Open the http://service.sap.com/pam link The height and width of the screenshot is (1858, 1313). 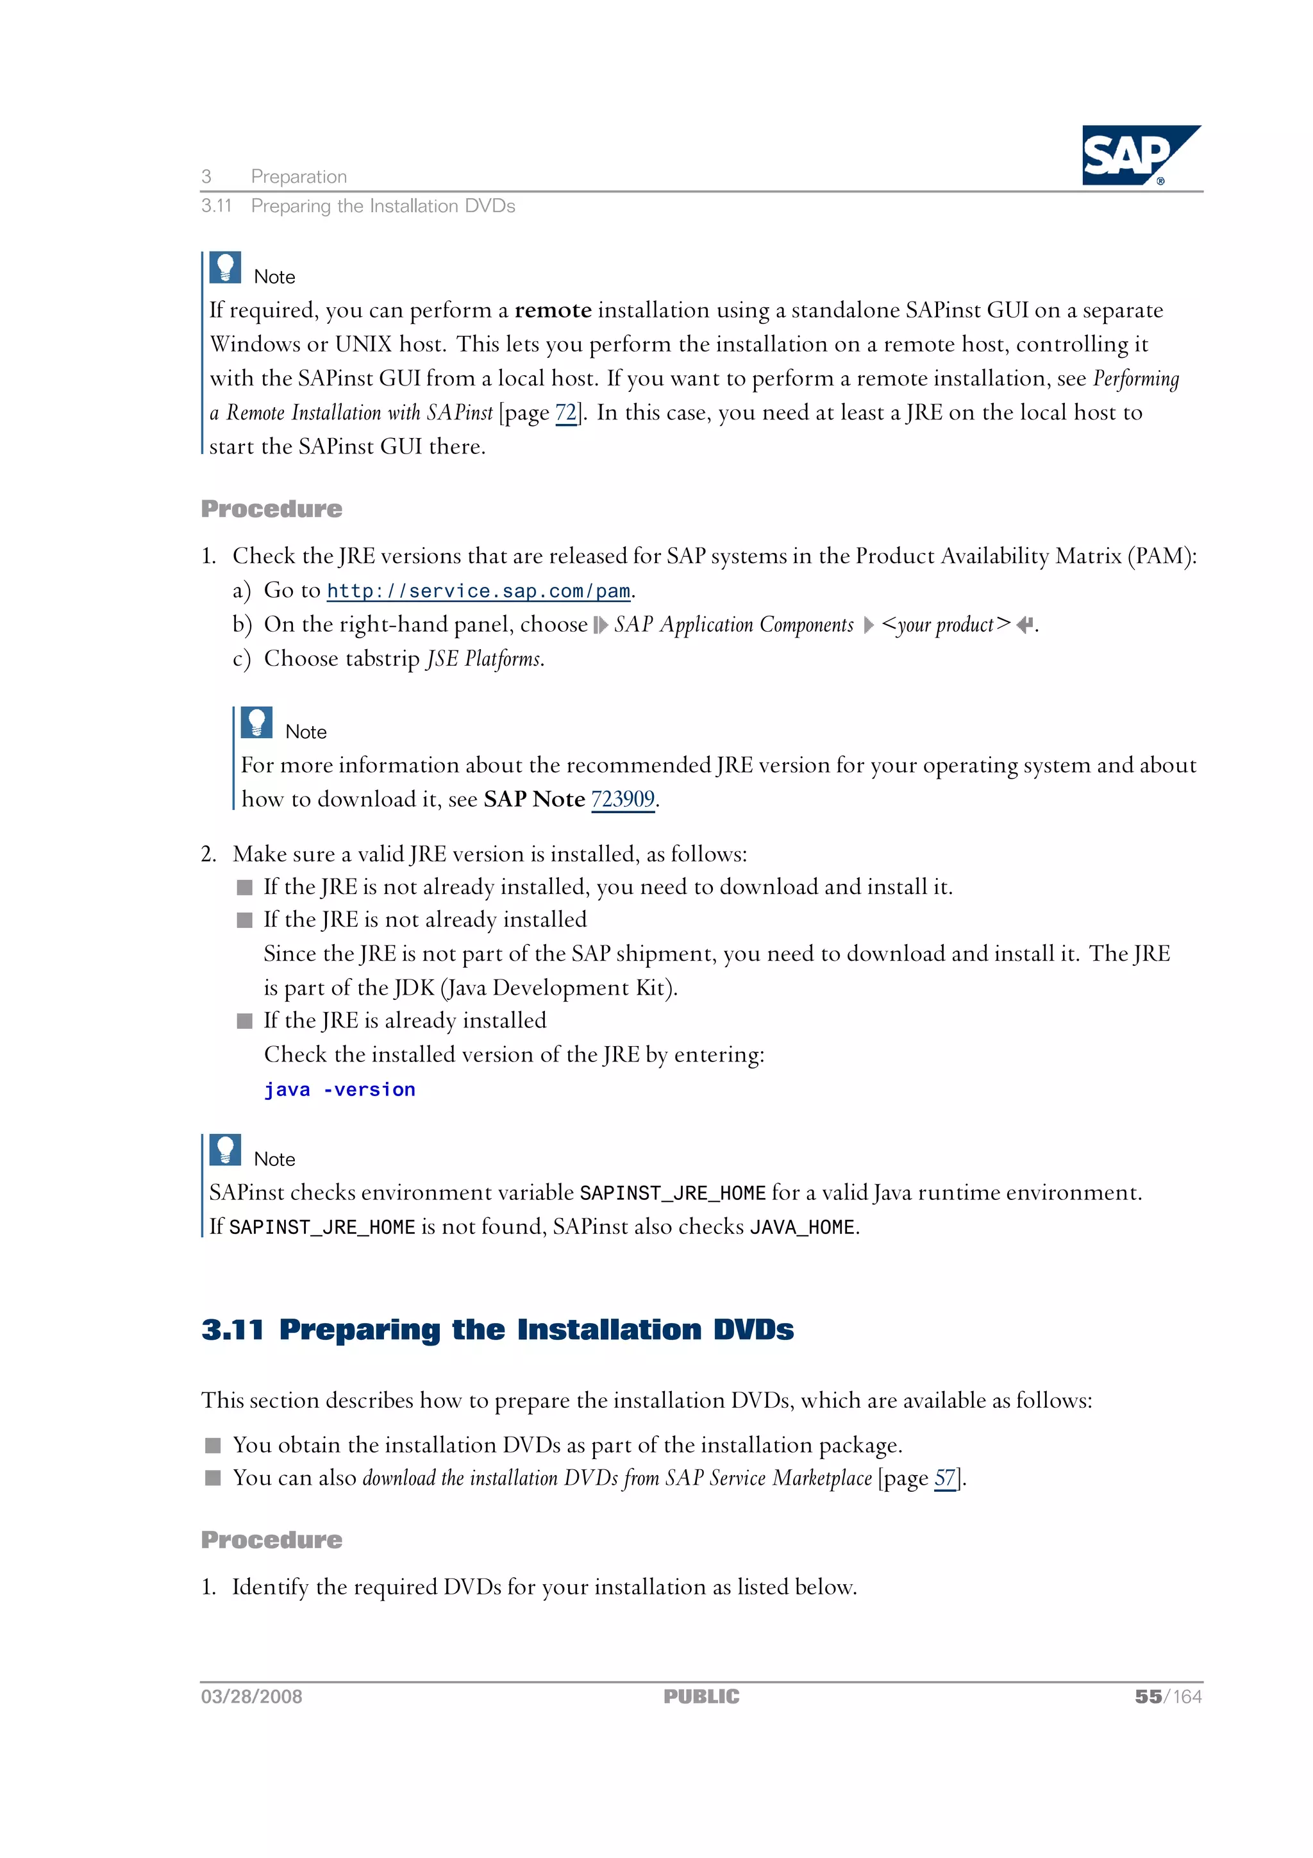(478, 591)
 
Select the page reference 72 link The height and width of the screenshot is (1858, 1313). (565, 412)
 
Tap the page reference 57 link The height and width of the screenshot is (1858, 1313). (944, 1478)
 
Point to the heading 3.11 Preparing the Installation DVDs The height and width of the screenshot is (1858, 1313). (497, 1330)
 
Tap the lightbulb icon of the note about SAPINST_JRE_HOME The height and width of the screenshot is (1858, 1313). (225, 1150)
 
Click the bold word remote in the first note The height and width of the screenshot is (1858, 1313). (553, 311)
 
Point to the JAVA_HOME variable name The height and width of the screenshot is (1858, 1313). (802, 1228)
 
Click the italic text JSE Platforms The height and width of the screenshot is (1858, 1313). (484, 659)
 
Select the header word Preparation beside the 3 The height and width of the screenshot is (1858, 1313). (299, 176)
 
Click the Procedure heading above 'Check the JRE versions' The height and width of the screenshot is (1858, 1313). (272, 509)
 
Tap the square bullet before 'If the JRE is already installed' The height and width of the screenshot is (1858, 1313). (244, 1021)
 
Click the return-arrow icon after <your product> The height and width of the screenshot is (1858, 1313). (1024, 625)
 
